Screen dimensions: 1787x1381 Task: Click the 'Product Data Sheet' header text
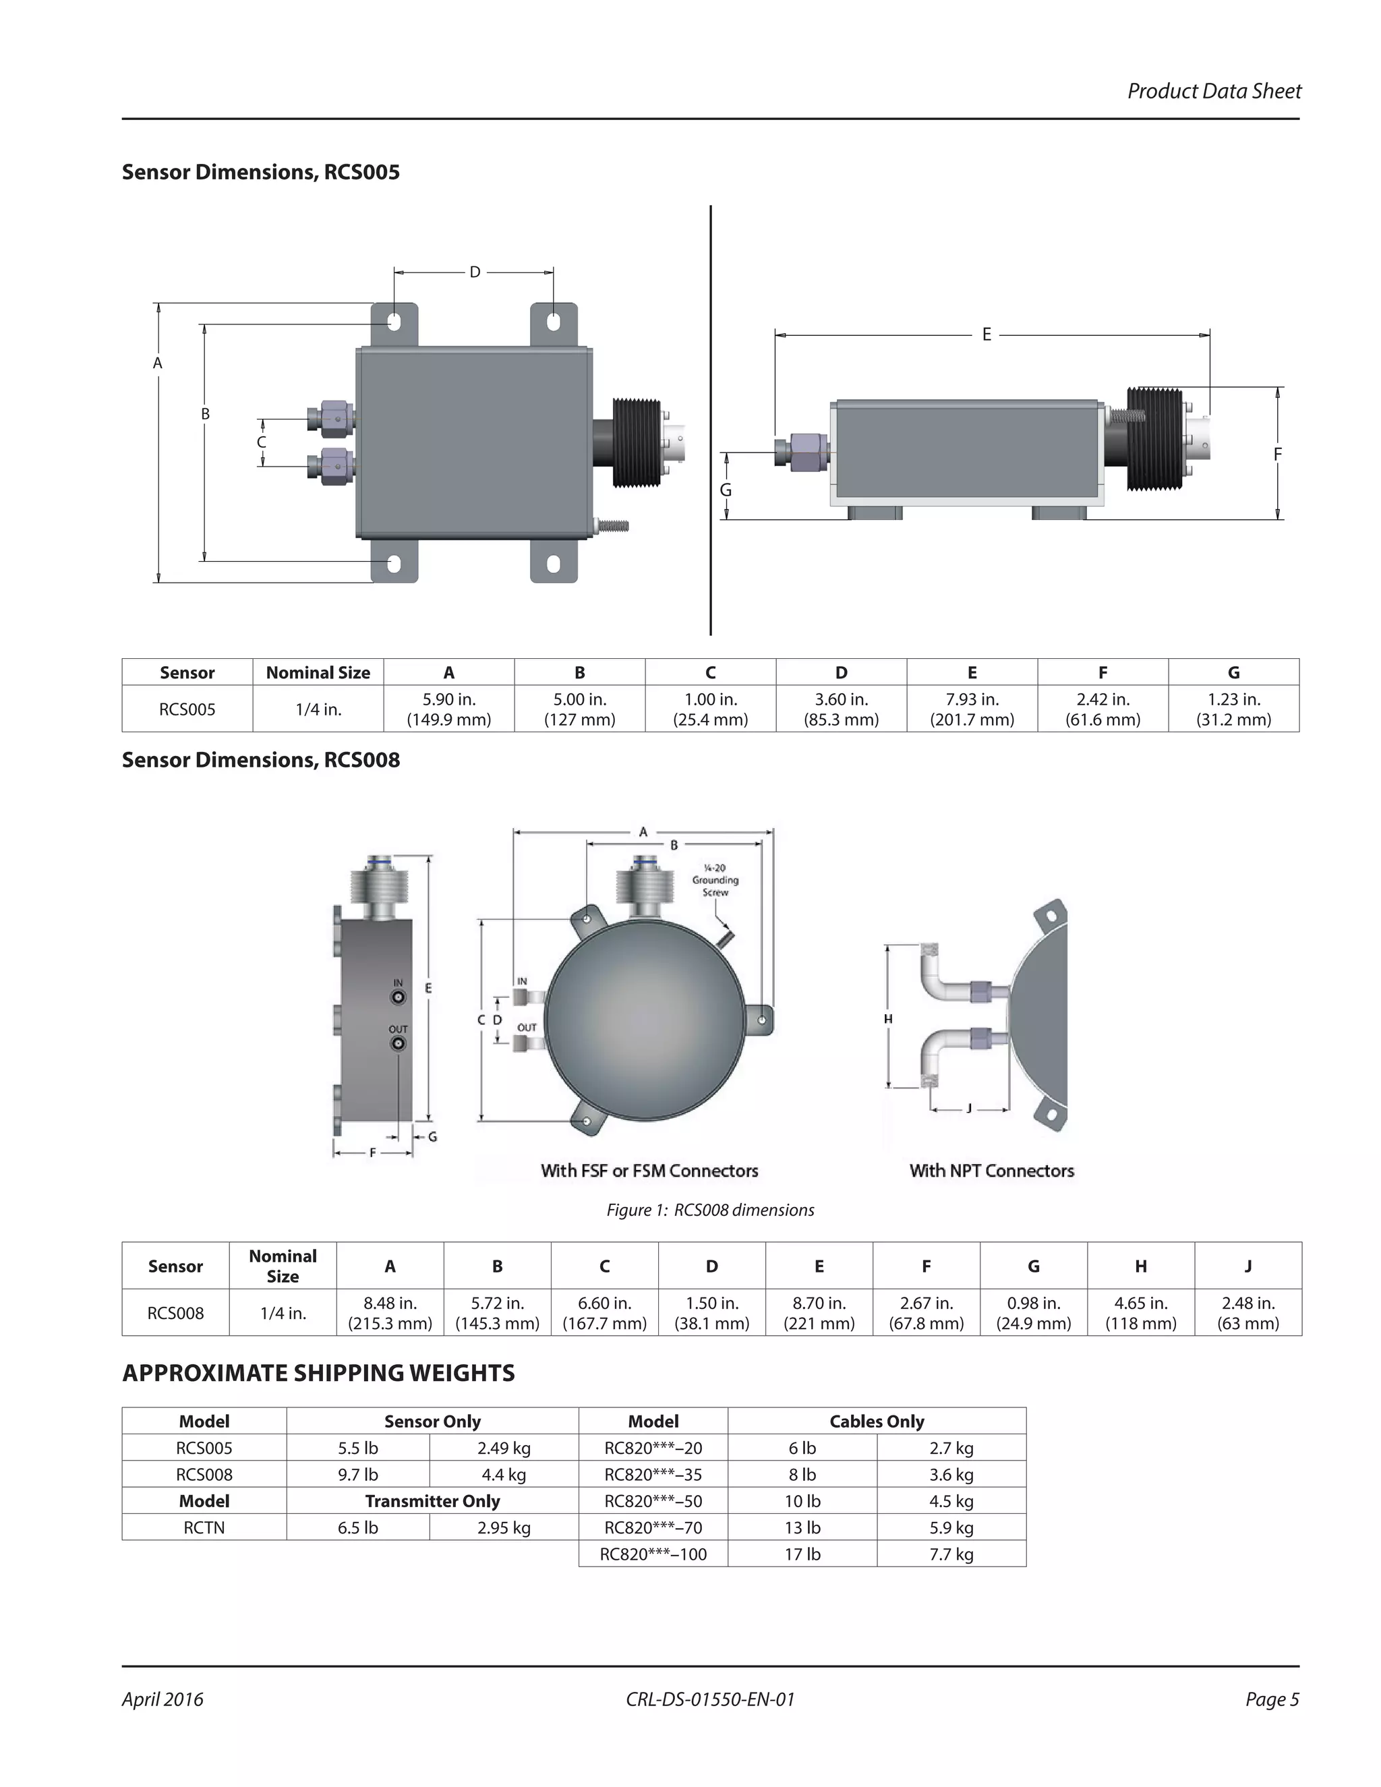click(1213, 91)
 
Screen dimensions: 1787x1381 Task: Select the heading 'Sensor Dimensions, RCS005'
click(260, 172)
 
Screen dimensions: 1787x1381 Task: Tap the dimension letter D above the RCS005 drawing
click(475, 272)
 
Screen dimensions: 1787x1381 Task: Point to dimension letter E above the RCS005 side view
click(986, 334)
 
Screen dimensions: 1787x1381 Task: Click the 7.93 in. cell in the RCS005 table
click(971, 709)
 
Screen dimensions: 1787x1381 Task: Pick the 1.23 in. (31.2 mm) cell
click(1233, 709)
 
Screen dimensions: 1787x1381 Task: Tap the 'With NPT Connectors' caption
click(991, 1170)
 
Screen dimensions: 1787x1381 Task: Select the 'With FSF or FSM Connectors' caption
click(649, 1170)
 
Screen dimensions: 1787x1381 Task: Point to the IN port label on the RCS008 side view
click(399, 983)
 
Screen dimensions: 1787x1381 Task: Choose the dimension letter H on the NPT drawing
click(887, 1019)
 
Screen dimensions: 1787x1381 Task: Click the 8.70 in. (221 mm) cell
click(818, 1312)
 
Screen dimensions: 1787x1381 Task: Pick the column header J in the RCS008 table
click(1247, 1266)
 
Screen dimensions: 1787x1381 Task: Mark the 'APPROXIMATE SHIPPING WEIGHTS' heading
click(318, 1373)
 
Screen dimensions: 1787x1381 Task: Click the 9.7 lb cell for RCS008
click(357, 1474)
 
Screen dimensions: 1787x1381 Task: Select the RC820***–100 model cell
click(653, 1554)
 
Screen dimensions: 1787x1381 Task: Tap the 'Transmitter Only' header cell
click(432, 1500)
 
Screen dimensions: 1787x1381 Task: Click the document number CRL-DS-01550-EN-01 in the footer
click(709, 1699)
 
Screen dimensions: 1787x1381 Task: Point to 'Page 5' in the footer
click(1271, 1699)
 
